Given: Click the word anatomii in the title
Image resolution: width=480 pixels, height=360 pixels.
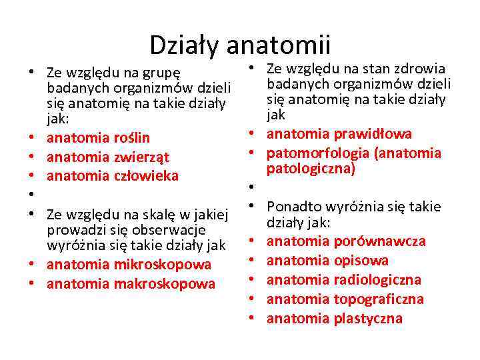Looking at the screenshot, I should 278,45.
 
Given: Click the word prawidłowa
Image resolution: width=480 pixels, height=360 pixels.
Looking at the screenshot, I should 373,134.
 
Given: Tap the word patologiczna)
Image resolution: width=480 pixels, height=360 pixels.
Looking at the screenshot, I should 311,169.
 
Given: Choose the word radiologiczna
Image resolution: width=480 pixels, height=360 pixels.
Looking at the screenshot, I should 377,280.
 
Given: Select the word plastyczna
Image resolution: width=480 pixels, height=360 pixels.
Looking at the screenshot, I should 368,319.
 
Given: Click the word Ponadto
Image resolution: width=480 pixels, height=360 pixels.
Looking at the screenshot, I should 294,207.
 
